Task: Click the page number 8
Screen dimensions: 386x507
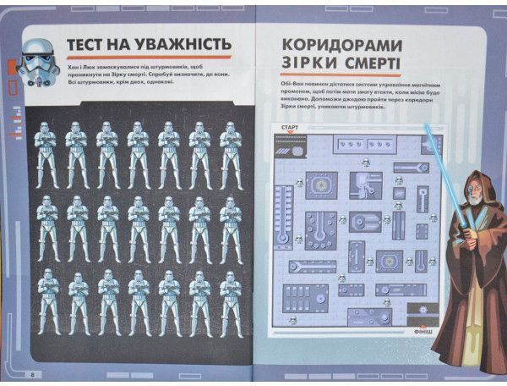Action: pos(31,374)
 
